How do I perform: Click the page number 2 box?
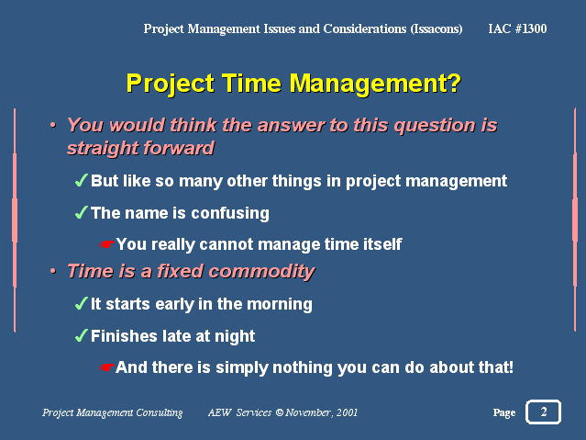pyautogui.click(x=543, y=412)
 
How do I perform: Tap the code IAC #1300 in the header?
pyautogui.click(x=517, y=28)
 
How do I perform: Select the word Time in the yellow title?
pyautogui.click(x=251, y=83)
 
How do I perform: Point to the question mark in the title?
pyautogui.click(x=454, y=83)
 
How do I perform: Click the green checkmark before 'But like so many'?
pyautogui.click(x=82, y=180)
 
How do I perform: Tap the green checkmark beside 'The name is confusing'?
pyautogui.click(x=82, y=212)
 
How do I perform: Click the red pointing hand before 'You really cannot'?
pyautogui.click(x=107, y=244)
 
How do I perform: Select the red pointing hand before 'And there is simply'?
pyautogui.click(x=107, y=367)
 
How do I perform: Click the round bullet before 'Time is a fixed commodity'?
pyautogui.click(x=53, y=270)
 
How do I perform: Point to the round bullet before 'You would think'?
pyautogui.click(x=53, y=125)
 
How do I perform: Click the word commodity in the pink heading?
pyautogui.click(x=261, y=272)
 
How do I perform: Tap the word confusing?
pyautogui.click(x=230, y=214)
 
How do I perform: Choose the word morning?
pyautogui.click(x=280, y=304)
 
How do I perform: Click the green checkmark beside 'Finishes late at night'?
pyautogui.click(x=82, y=335)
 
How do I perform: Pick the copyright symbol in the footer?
pyautogui.click(x=279, y=412)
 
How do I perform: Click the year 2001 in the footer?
pyautogui.click(x=347, y=412)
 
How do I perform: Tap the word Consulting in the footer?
pyautogui.click(x=160, y=412)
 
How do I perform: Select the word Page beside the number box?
pyautogui.click(x=504, y=412)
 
